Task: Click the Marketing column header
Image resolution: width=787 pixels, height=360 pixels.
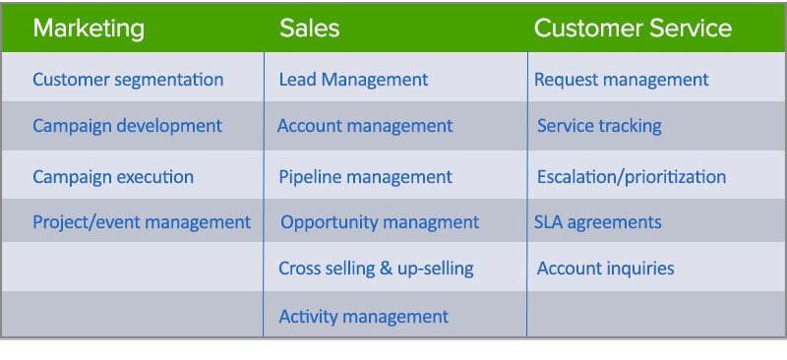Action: [x=89, y=28]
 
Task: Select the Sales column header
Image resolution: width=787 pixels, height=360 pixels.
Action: [x=309, y=28]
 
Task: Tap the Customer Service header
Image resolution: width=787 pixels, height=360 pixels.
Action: [x=633, y=28]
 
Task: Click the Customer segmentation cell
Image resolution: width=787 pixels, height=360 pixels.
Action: [x=128, y=80]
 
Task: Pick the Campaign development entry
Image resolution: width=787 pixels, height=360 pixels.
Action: [x=127, y=126]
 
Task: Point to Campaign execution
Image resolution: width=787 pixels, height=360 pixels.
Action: [x=113, y=177]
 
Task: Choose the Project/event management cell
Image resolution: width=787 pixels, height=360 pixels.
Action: [x=142, y=222]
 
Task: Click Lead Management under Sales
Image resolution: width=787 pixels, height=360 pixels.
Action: [x=353, y=80]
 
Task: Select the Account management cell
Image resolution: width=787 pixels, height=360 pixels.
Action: [x=365, y=126]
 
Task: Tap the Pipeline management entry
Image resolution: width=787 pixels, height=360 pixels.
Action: [x=365, y=177]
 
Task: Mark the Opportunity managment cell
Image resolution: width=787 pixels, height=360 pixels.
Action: [x=380, y=222]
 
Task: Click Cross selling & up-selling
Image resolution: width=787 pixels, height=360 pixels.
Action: [x=376, y=268]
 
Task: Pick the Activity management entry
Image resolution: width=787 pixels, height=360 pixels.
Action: [x=363, y=317]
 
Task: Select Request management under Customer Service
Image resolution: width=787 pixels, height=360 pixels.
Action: [x=621, y=80]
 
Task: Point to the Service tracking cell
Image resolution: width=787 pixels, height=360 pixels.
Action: [x=599, y=126]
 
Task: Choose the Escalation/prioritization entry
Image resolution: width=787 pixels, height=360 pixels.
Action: [x=632, y=177]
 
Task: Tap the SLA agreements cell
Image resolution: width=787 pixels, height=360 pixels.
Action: [x=597, y=222]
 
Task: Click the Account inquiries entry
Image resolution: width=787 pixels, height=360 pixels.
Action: [x=605, y=268]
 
